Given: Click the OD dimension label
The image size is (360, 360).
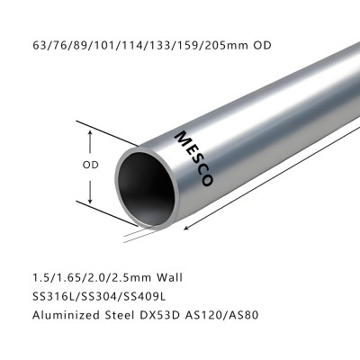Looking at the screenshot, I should coord(90,166).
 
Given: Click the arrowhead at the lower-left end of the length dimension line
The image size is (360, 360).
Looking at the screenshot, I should coord(186,228).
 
